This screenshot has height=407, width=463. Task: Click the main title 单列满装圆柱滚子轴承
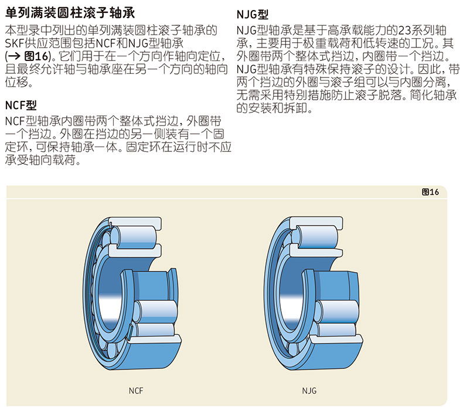click(70, 13)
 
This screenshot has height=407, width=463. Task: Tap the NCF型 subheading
click(21, 105)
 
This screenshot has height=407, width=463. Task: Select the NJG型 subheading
click(253, 14)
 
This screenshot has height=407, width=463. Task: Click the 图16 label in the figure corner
click(430, 192)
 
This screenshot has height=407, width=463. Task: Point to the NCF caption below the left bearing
click(136, 391)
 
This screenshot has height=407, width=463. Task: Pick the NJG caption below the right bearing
click(309, 391)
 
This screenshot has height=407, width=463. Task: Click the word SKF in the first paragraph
click(15, 43)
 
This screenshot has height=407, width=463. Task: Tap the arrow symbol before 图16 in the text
click(14, 56)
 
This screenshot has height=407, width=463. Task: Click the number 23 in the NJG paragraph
click(404, 30)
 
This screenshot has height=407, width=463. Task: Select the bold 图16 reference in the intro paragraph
click(36, 56)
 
